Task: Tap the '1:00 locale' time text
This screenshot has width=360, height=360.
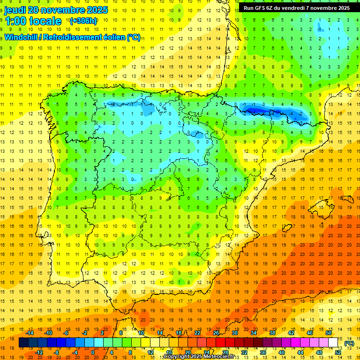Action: [33, 21]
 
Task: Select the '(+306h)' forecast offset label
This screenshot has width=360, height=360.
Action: [83, 21]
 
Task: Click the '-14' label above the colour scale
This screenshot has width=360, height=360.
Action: [30, 333]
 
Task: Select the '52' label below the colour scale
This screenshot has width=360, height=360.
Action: [338, 352]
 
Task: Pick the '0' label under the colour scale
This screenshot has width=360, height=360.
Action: [92, 352]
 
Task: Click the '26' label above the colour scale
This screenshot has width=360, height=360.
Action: [216, 333]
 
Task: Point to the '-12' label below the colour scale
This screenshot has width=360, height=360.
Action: [39, 352]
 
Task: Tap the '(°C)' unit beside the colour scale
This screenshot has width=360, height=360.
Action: [349, 343]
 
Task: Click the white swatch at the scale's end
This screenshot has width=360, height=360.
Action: [333, 343]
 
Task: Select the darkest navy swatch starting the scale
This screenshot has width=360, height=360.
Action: [23, 343]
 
